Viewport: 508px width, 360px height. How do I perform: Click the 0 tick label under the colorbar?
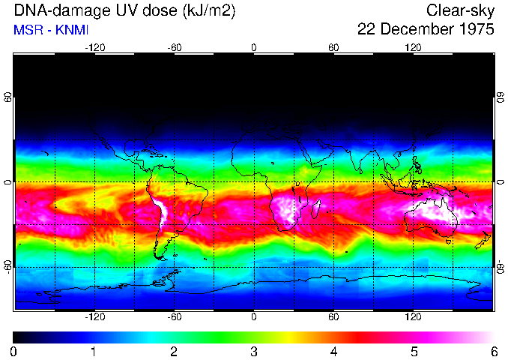point(13,351)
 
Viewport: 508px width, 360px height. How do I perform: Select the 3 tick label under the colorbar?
point(253,351)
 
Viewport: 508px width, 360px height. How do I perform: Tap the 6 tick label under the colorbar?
point(493,351)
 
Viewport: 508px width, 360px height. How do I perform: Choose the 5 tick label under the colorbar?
point(413,351)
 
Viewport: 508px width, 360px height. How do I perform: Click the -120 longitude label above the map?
point(94,47)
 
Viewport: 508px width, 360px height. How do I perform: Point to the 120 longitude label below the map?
point(413,317)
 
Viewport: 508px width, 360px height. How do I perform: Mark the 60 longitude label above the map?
point(333,47)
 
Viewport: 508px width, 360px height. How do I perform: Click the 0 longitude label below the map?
point(254,317)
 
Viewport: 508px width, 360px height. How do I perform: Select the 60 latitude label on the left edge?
point(8,98)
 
